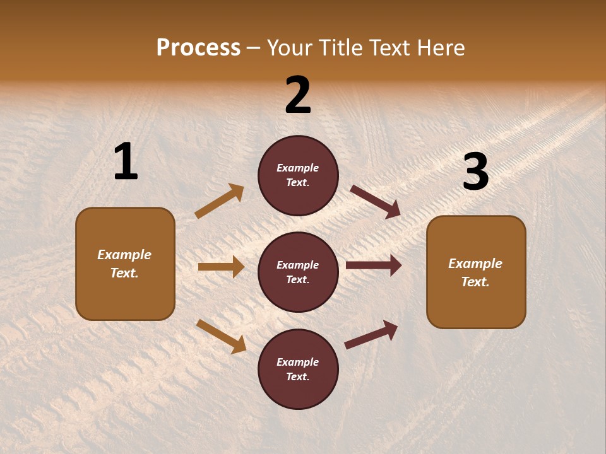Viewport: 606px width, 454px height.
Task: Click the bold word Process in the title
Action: (198, 48)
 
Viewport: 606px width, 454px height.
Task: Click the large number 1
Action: (126, 163)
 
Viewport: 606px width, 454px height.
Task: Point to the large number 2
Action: (298, 95)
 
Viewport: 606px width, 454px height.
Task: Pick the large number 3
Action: (475, 172)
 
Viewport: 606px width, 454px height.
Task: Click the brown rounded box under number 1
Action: (125, 264)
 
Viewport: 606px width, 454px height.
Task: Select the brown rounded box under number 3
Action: (476, 272)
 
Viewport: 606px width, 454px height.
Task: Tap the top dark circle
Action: (298, 175)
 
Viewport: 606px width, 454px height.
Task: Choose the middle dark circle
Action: (298, 272)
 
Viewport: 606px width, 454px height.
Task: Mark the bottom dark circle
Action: (298, 369)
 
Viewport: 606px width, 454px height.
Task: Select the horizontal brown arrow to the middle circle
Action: (221, 267)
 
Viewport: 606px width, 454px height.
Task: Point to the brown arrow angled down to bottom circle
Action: (221, 336)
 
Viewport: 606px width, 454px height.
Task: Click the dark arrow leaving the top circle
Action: (376, 202)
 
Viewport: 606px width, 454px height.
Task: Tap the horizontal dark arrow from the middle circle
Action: (374, 265)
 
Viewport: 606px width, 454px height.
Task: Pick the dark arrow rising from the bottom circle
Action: (371, 334)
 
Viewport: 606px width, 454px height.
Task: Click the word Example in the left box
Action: (124, 255)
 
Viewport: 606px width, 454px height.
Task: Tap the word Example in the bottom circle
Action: (298, 362)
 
